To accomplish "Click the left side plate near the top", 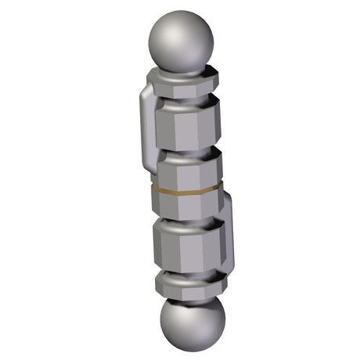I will pos(143,117).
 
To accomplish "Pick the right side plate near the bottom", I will pos(227,235).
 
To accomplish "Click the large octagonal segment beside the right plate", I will pos(192,247).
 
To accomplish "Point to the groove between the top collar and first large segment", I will pos(185,99).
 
